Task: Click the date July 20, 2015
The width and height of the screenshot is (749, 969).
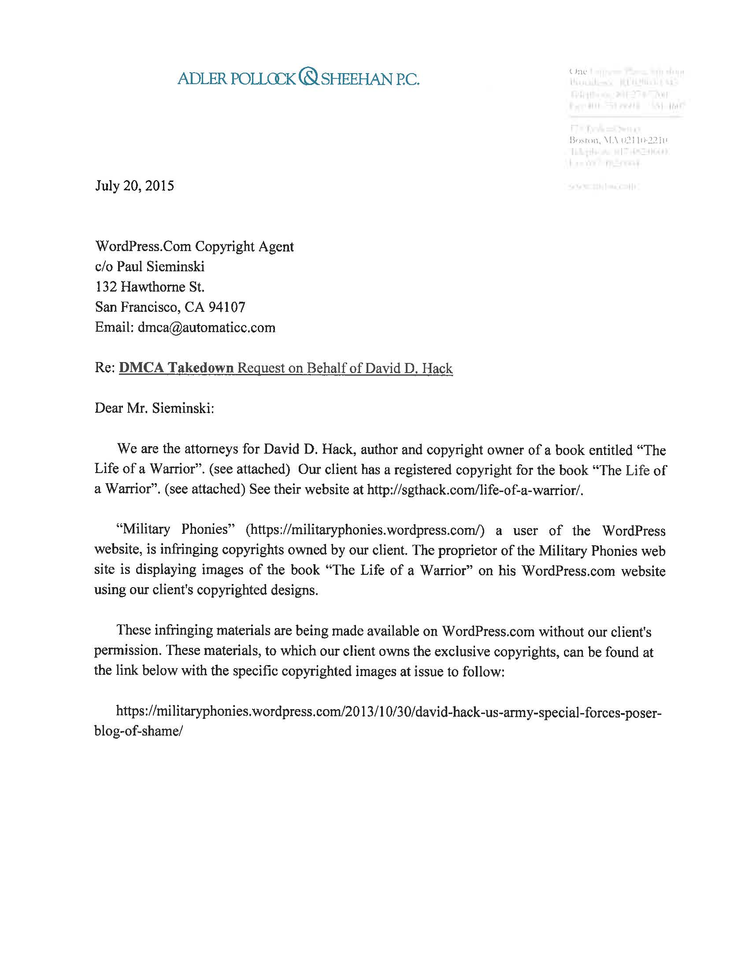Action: tap(134, 185)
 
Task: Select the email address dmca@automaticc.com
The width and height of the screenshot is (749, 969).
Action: tap(206, 328)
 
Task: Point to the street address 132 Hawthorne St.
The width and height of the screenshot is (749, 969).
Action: tap(149, 287)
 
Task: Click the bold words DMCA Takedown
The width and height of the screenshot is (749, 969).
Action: tap(176, 368)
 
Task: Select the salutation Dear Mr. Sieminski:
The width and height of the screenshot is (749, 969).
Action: tap(154, 408)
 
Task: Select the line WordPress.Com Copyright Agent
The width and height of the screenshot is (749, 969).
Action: tap(194, 246)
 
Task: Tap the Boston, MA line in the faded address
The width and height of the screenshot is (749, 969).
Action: tap(618, 141)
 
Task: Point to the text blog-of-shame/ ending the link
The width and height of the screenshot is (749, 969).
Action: tap(138, 731)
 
